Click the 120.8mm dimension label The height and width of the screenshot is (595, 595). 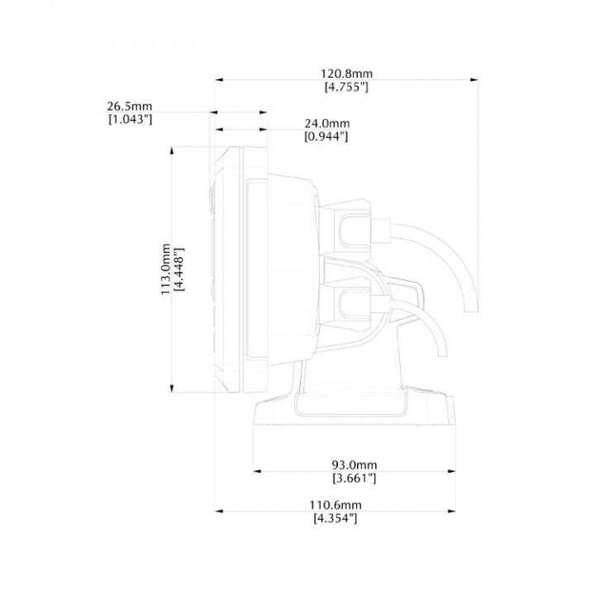[347, 74]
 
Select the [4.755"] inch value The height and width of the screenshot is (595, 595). [346, 87]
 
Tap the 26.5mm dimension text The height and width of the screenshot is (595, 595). [130, 107]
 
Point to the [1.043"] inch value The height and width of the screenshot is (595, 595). [131, 120]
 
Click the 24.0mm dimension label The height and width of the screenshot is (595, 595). [327, 123]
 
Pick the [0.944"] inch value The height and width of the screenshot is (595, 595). [326, 136]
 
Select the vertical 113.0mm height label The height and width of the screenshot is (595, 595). [166, 269]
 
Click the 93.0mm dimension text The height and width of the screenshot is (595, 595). [355, 464]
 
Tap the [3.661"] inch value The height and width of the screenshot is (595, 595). [355, 478]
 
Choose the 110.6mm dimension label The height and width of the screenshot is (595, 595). [336, 505]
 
